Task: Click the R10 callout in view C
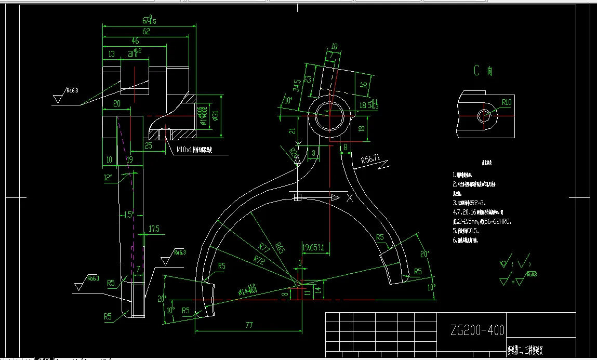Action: [x=507, y=102]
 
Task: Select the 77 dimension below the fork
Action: [x=248, y=325]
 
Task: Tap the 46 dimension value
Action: [x=135, y=41]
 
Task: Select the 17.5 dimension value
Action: [x=154, y=229]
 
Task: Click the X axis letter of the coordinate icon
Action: [x=350, y=198]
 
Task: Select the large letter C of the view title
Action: [x=476, y=71]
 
